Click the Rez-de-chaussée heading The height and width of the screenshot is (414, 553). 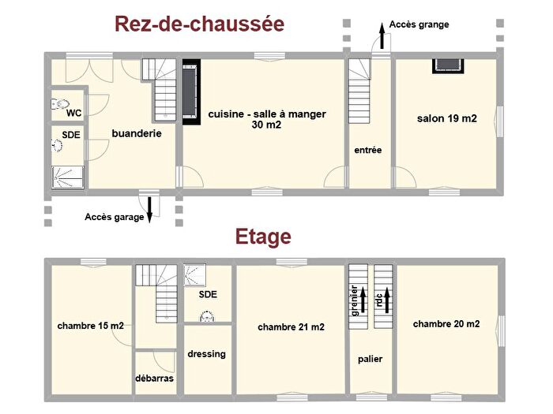click(200, 24)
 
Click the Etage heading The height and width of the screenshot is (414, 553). click(263, 237)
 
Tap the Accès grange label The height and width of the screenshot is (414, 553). click(419, 24)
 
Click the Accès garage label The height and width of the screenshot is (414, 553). click(114, 217)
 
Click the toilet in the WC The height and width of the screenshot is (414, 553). click(61, 103)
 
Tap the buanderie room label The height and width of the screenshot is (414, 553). click(137, 134)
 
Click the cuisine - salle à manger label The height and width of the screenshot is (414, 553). click(267, 119)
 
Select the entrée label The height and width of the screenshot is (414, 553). click(368, 149)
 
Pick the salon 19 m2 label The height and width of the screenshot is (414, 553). click(447, 119)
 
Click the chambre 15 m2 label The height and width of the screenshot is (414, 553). click(90, 325)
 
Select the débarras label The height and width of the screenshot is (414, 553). click(154, 379)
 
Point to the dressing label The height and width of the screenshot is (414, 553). click(207, 354)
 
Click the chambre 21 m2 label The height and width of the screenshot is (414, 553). click(291, 326)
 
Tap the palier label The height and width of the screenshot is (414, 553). click(370, 359)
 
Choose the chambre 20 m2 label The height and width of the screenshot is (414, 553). click(446, 323)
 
